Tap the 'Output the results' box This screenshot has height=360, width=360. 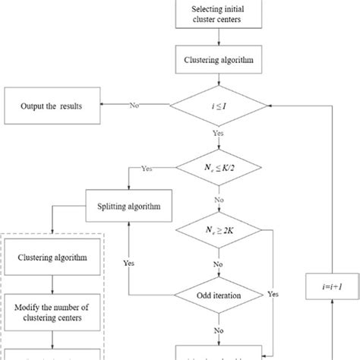click(x=55, y=106)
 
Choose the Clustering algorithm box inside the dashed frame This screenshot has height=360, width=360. click(x=55, y=257)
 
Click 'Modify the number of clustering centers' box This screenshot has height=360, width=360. click(x=55, y=312)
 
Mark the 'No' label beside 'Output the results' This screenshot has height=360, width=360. click(x=134, y=106)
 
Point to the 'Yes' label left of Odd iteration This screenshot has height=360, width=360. click(x=131, y=264)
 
